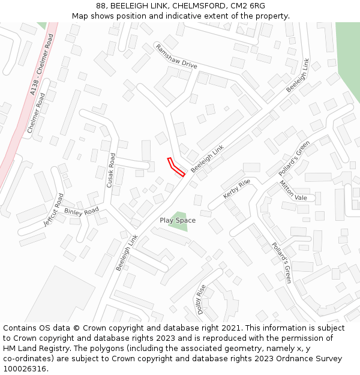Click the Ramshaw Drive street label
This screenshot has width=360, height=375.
click(176, 56)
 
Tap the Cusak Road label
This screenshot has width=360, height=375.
click(112, 170)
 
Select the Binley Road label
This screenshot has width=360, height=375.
click(81, 212)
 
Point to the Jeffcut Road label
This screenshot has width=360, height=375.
click(53, 209)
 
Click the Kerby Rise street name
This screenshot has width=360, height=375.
click(236, 189)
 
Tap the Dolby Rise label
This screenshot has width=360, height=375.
click(202, 299)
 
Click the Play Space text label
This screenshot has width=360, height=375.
click(178, 220)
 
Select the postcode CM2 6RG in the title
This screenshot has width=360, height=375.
click(251, 5)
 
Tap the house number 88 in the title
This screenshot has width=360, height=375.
click(101, 5)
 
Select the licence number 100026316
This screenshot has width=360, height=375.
click(25, 369)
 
